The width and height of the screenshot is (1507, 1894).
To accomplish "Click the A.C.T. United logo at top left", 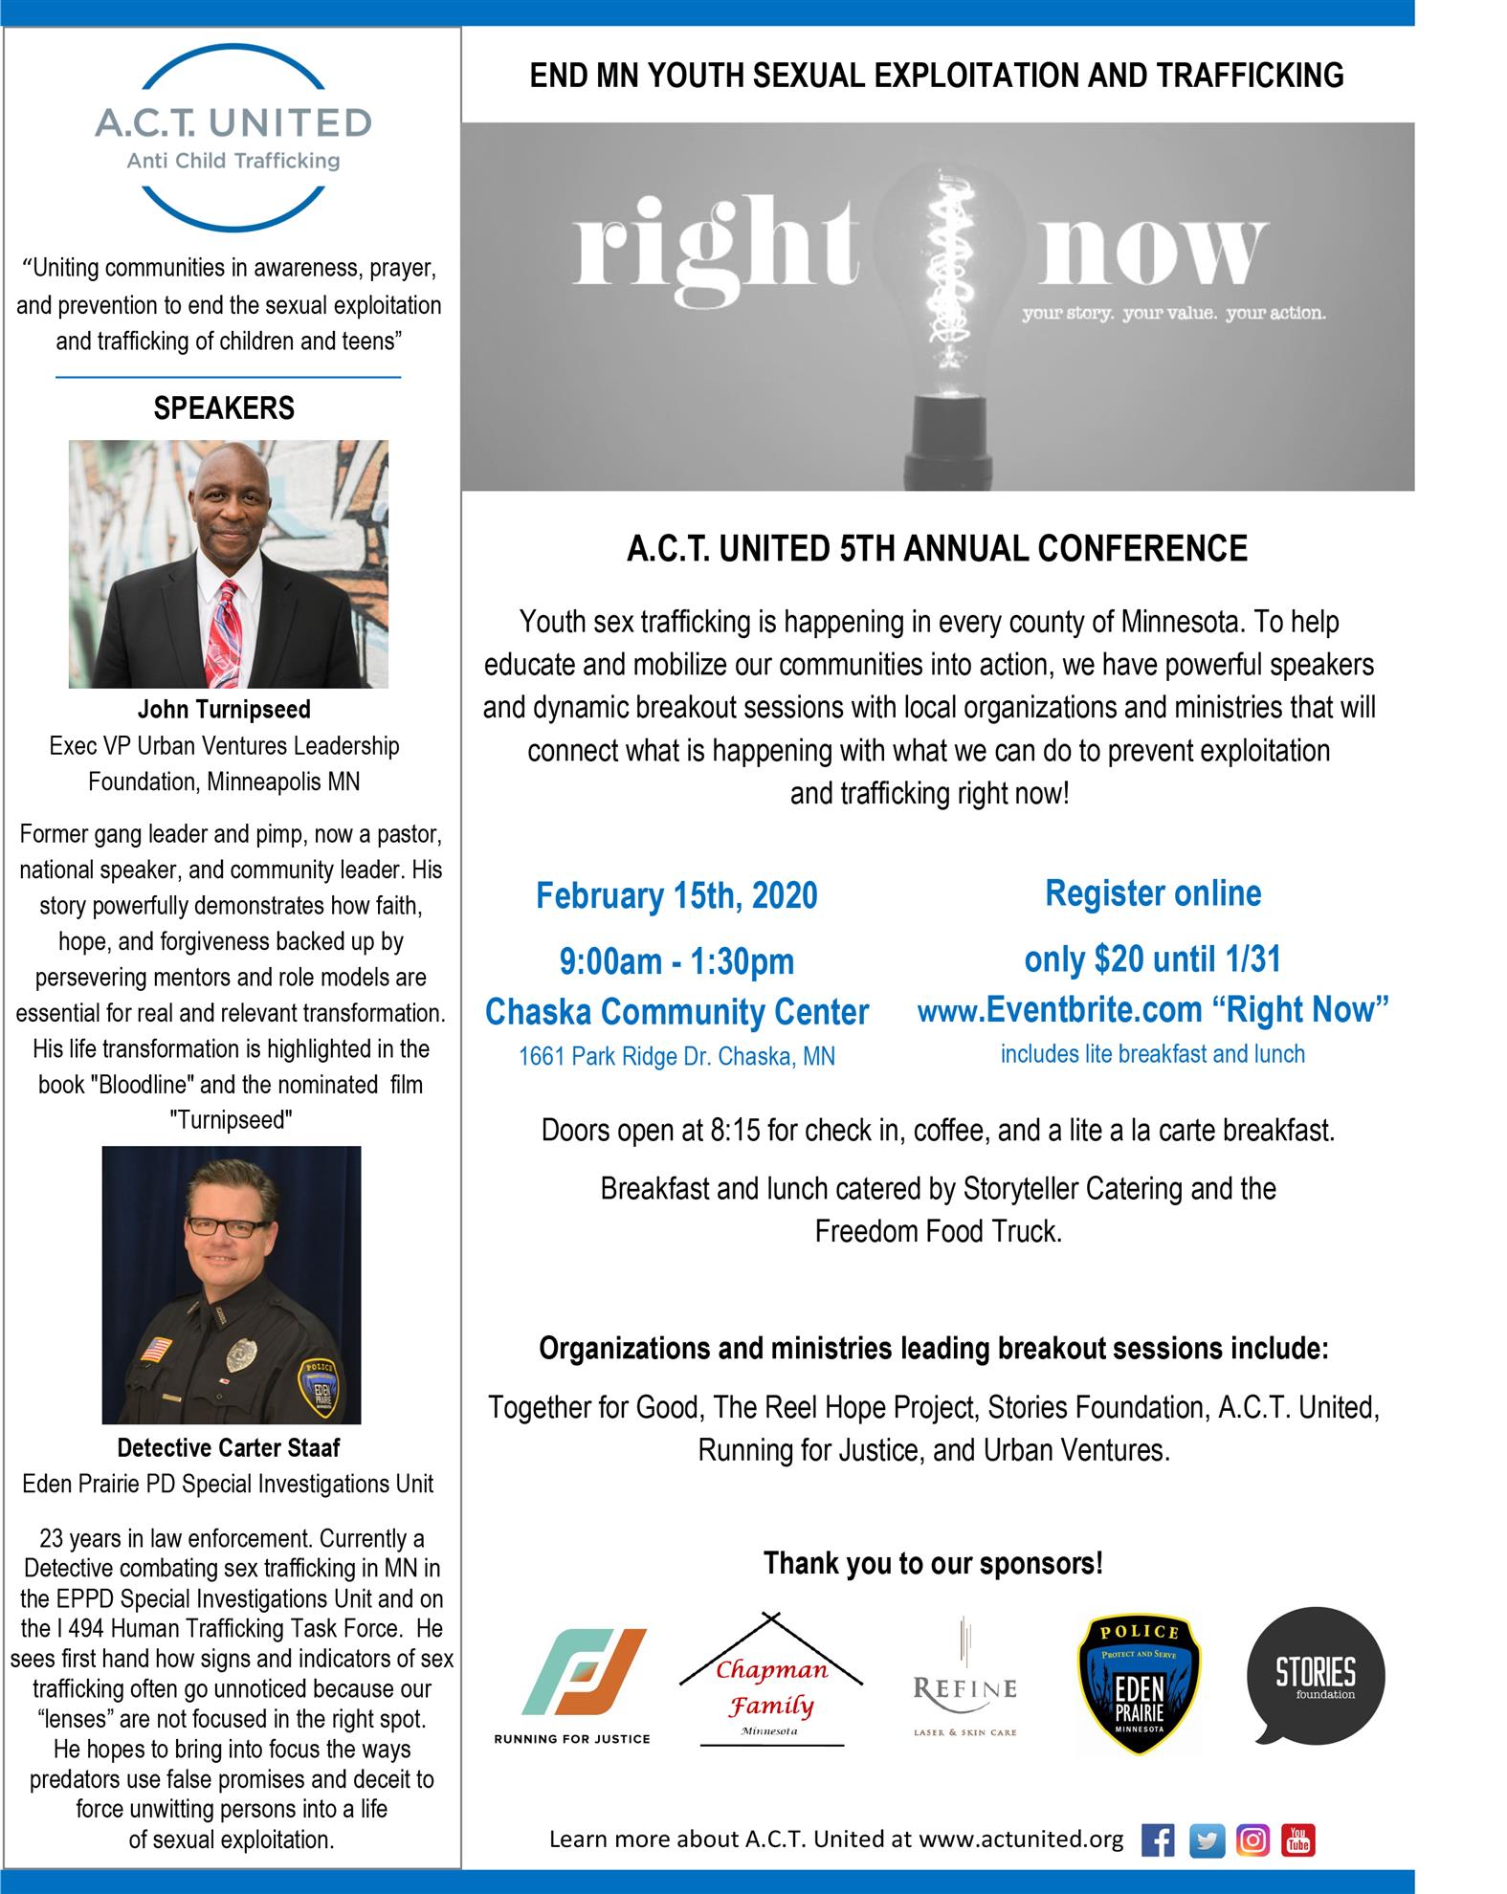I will [x=233, y=138].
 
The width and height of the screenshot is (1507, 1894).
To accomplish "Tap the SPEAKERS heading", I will [x=224, y=408].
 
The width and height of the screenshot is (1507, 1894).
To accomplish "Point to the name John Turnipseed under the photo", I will [x=224, y=710].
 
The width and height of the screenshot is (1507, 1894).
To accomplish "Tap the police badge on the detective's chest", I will [x=240, y=1354].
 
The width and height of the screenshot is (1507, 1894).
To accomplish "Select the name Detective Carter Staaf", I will [x=228, y=1448].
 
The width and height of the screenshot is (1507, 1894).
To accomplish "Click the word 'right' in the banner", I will [x=715, y=244].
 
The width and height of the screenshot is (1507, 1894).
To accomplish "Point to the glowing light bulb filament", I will [x=951, y=274].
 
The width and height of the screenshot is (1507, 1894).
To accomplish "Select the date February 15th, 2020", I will [x=676, y=896].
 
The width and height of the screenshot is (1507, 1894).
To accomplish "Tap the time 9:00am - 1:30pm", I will [x=676, y=961].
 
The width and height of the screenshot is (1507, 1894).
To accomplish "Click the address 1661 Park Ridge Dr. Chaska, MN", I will [x=676, y=1057].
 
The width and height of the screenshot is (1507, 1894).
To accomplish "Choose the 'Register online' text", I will [x=1153, y=893].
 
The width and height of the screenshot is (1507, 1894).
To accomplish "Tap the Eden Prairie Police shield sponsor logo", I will [x=1139, y=1684].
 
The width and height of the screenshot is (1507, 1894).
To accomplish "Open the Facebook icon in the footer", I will [x=1158, y=1840].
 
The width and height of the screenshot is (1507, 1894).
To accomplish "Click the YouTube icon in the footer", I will [x=1298, y=1840].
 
